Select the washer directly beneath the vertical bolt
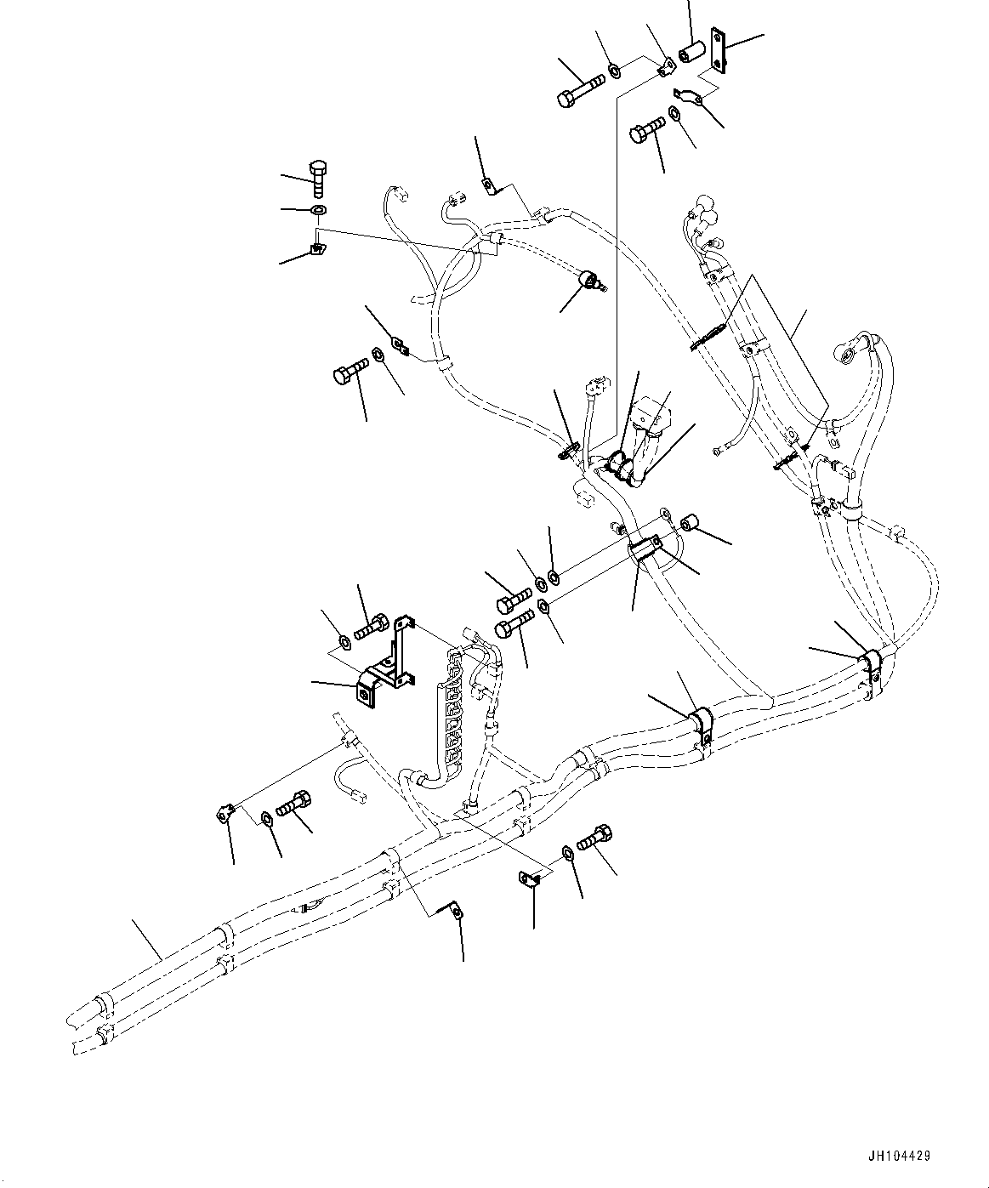(318, 210)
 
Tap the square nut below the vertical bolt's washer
(317, 248)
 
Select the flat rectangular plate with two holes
(716, 50)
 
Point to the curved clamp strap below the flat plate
(690, 98)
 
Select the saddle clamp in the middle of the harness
(701, 723)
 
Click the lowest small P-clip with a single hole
(455, 912)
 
